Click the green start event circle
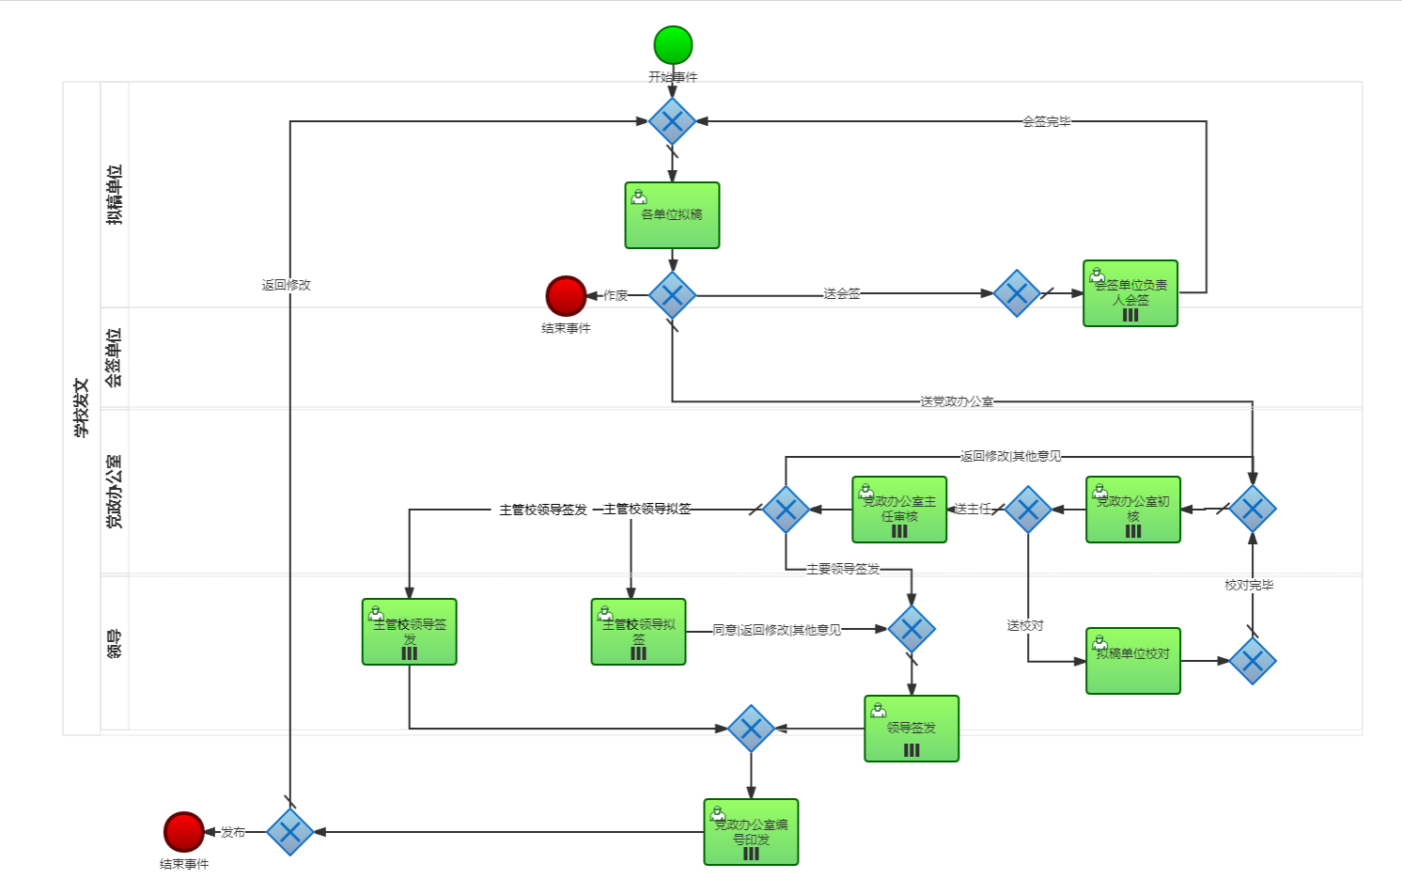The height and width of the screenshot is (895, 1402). coord(673,45)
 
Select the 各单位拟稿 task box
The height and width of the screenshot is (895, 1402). coord(672,215)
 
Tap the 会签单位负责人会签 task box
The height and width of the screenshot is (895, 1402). coord(1129,293)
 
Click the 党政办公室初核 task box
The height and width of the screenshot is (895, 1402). coord(1132,510)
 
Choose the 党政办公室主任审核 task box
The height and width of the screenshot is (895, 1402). coord(899,510)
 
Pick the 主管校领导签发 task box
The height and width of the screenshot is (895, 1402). coord(409,632)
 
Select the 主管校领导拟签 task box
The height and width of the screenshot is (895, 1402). coord(638,632)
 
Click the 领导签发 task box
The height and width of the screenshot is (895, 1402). coord(911,729)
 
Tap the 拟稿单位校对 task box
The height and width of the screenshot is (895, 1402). coord(1132,661)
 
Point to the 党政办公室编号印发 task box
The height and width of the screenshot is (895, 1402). coord(751,832)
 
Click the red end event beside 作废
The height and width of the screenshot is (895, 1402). coord(566,296)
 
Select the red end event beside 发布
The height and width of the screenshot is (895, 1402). coord(183,832)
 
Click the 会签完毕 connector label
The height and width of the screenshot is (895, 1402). coord(1046,121)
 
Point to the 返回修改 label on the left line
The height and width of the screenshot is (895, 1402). coord(286,285)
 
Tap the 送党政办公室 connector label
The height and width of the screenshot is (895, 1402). coord(957,401)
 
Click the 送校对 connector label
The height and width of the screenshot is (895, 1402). coord(1024,625)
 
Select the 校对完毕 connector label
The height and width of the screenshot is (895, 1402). coord(1249,585)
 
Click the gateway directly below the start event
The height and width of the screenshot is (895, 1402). coord(672,121)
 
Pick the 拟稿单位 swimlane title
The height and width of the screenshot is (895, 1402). coord(114,195)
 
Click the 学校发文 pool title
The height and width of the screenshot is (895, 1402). coord(82,408)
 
